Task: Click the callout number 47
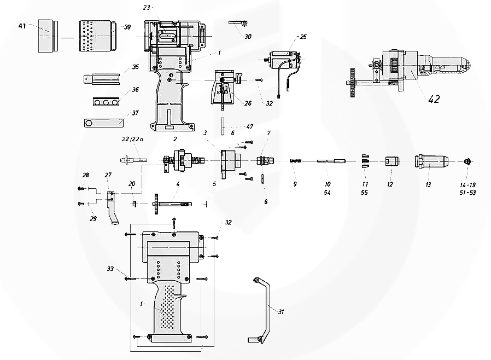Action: coord(250,126)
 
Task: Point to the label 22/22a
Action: coord(132,140)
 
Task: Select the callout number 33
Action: coord(110,269)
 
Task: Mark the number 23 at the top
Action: coord(146,7)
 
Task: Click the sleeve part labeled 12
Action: coord(390,161)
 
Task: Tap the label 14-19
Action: coord(467,185)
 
